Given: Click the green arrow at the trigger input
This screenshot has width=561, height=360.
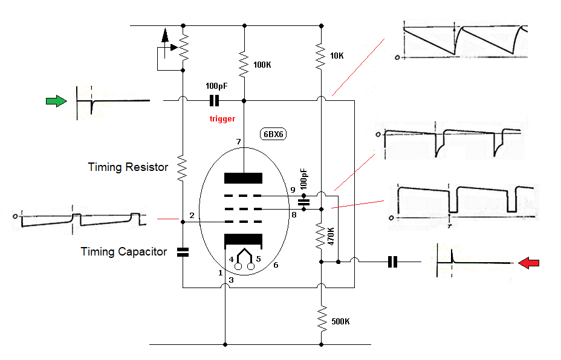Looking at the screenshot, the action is click(57, 101).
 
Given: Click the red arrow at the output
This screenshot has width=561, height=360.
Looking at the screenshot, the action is click(528, 263).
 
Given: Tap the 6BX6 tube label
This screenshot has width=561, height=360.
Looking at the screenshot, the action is click(273, 134).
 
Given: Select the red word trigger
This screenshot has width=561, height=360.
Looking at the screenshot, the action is click(222, 118).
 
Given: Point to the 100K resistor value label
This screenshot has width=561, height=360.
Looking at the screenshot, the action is click(262, 65).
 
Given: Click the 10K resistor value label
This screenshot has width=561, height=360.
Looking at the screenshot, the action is click(337, 56).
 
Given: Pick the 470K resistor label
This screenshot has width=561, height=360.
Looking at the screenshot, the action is click(331, 236).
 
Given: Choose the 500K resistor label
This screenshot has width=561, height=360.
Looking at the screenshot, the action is click(340, 321).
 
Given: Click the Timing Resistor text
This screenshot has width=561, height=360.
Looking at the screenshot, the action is click(128, 167).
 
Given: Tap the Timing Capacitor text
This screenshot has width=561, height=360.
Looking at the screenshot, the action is click(124, 252).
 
